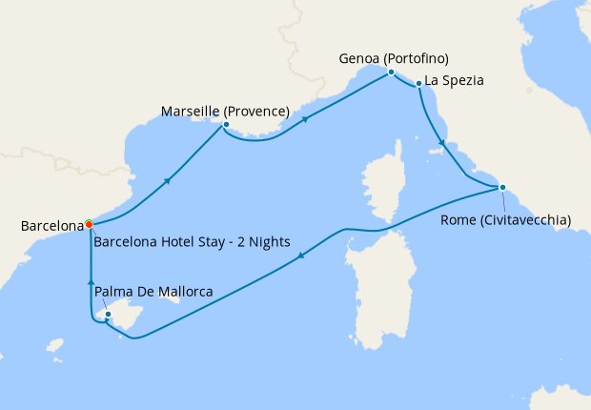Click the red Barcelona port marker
89,225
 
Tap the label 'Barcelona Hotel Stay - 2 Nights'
192,241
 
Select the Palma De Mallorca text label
153,292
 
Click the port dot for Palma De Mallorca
108,314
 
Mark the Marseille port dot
226,124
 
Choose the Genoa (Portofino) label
394,58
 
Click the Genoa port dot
391,72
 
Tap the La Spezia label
455,81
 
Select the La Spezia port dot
418,85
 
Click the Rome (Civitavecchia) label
506,220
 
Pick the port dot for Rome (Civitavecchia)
502,187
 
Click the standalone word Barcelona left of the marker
51,226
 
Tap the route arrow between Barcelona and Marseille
169,181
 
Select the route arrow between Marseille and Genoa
305,119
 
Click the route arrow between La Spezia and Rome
440,144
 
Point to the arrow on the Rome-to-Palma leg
301,256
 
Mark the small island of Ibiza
54,345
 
